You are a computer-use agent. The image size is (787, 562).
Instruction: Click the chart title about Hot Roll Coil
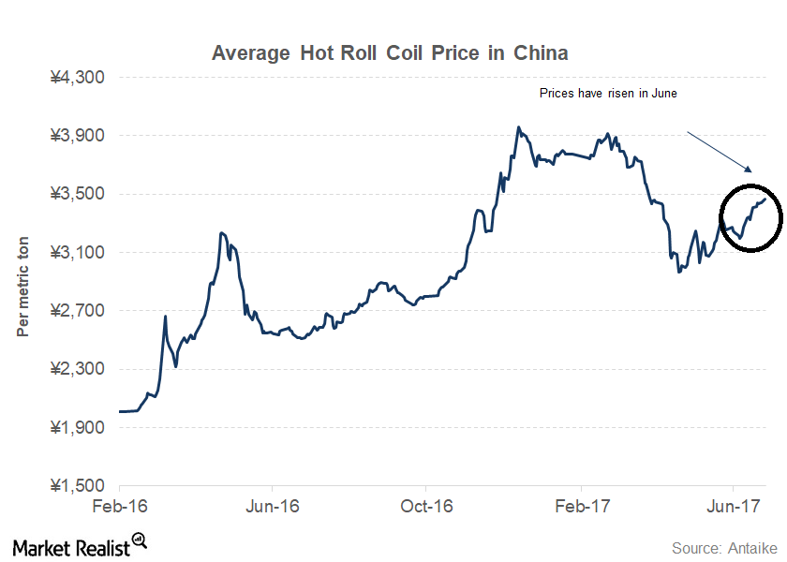[x=390, y=52]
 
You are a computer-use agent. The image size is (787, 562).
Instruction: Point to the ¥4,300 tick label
[x=78, y=77]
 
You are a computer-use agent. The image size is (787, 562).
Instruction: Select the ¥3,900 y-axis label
[x=78, y=136]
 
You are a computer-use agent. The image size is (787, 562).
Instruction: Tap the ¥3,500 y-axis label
[x=78, y=194]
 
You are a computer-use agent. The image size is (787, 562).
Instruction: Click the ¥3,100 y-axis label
[x=78, y=253]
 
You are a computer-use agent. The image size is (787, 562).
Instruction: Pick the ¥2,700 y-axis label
[x=78, y=311]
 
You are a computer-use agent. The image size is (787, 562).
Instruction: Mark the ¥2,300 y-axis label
[x=78, y=369]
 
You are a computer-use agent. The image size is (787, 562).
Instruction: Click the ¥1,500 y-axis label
[x=78, y=486]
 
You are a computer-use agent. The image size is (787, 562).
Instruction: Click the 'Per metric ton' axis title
[x=23, y=286]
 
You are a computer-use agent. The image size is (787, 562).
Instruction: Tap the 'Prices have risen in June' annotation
[x=608, y=94]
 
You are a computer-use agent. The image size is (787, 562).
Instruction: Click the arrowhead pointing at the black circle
[x=750, y=170]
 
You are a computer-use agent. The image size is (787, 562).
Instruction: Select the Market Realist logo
[x=80, y=544]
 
